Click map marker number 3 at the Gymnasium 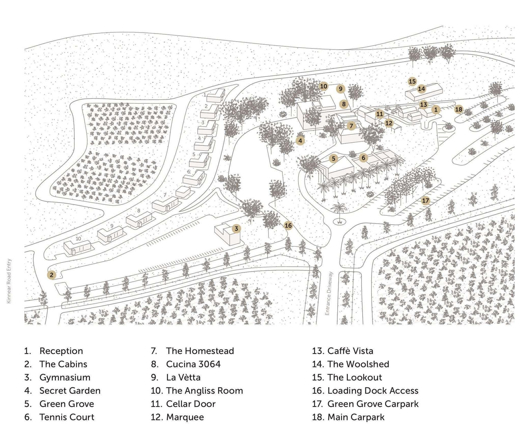pyautogui.click(x=236, y=229)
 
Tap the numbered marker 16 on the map pyautogui.click(x=288, y=225)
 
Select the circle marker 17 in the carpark pyautogui.click(x=425, y=201)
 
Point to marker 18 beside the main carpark pyautogui.click(x=458, y=109)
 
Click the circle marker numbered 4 pyautogui.click(x=300, y=141)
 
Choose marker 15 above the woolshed pyautogui.click(x=412, y=81)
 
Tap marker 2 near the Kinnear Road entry pyautogui.click(x=52, y=275)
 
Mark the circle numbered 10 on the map pyautogui.click(x=324, y=86)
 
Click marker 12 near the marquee pyautogui.click(x=389, y=123)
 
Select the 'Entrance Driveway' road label pyautogui.click(x=329, y=294)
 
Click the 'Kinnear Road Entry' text pyautogui.click(x=9, y=281)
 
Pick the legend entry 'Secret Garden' pyautogui.click(x=70, y=390)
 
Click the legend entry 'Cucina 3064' pyautogui.click(x=193, y=364)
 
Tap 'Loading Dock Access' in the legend pyautogui.click(x=373, y=390)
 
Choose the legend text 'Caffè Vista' pyautogui.click(x=350, y=351)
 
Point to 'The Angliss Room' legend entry pyautogui.click(x=204, y=390)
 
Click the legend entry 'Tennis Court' pyautogui.click(x=67, y=417)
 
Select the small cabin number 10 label pyautogui.click(x=78, y=238)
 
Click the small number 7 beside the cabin pyautogui.click(x=165, y=195)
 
